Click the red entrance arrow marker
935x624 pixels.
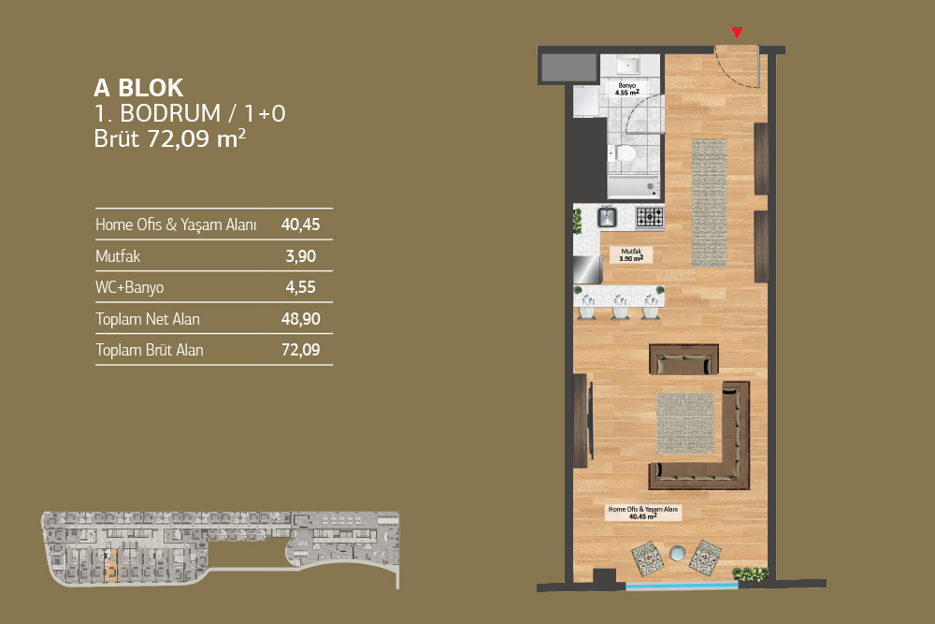point(738,33)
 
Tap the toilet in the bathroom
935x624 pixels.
point(622,154)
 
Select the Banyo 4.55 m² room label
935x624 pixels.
point(627,90)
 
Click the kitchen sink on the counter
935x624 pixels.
point(608,216)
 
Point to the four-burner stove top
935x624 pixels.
point(650,216)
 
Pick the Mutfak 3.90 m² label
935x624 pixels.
point(631,254)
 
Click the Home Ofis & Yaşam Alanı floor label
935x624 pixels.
point(643,513)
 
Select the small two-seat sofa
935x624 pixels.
point(683,359)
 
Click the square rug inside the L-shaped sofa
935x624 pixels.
point(685,422)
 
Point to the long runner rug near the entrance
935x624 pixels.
point(709,203)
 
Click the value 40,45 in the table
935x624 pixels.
point(300,225)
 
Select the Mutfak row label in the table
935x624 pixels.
point(118,256)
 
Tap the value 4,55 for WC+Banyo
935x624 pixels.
point(300,287)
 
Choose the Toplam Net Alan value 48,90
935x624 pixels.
point(300,319)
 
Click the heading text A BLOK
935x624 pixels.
point(138,88)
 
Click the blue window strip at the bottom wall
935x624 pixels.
point(682,587)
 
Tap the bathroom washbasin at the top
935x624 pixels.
point(628,65)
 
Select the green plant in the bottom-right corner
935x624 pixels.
point(750,573)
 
